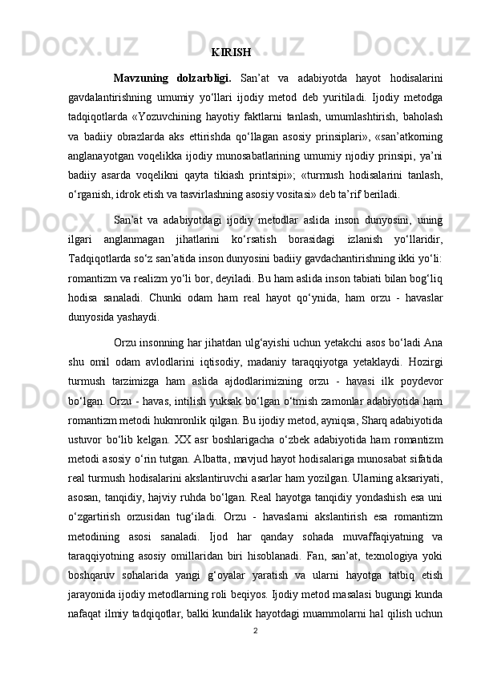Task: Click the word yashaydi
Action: tap(127, 317)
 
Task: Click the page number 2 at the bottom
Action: tap(255, 653)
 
